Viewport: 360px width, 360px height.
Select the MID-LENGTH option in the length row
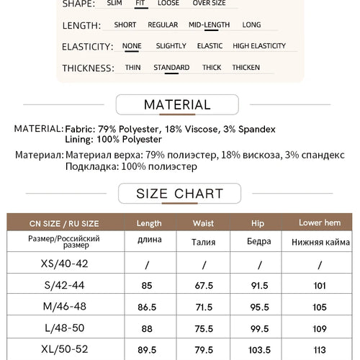coord(209,24)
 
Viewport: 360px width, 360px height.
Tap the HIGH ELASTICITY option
coord(259,46)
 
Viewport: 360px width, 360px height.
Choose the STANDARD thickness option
coord(171,68)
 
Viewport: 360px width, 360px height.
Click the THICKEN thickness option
coord(246,68)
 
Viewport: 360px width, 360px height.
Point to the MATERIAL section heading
coord(177,105)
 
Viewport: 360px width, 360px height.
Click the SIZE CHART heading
coord(179,194)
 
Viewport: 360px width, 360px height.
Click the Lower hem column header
coord(320,223)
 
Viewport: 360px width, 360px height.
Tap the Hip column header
coord(258,223)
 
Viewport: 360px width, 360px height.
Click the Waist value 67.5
coord(204,285)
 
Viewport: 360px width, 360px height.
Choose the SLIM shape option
coord(114,3)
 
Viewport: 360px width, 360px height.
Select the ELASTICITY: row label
coord(88,47)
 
